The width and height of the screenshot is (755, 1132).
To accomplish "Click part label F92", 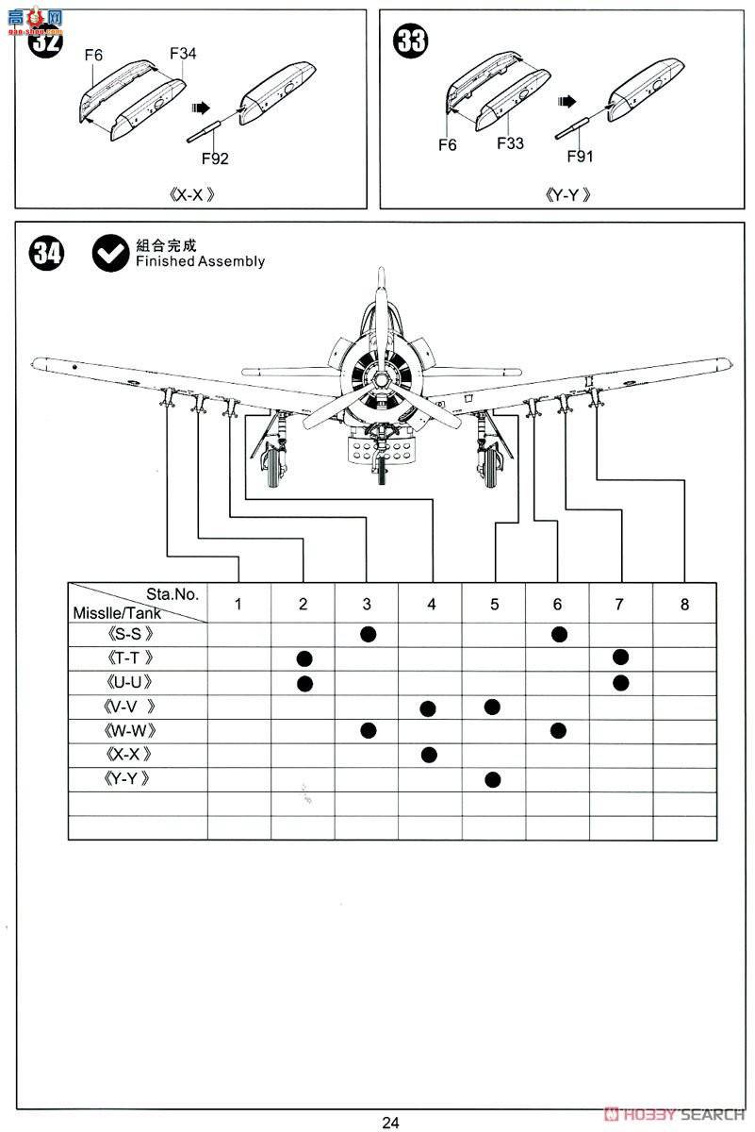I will [x=215, y=158].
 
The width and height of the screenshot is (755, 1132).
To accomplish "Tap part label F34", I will [x=183, y=54].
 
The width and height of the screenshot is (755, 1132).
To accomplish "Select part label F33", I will [x=510, y=143].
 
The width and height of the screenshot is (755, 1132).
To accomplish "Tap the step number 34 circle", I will [x=46, y=254].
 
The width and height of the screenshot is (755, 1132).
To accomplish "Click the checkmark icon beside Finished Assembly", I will [x=111, y=253].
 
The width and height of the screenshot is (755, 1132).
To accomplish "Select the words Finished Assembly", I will [x=200, y=261].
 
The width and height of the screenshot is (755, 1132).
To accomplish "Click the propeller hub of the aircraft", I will [x=379, y=379].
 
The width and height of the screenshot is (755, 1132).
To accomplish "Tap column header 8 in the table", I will [x=684, y=605].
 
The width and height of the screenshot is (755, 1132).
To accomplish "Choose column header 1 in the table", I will [x=238, y=605].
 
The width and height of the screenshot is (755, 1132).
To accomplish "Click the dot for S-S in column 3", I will [x=368, y=634].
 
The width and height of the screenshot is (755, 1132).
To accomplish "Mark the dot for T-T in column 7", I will [x=619, y=658].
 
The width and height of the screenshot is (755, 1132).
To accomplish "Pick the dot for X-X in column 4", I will [x=430, y=754].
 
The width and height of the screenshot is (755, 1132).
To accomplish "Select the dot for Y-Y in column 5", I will [x=492, y=778].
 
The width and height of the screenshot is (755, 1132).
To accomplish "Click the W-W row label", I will [x=129, y=730].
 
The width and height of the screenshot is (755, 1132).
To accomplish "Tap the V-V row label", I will [x=129, y=707].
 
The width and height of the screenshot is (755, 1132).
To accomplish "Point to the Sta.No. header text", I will [x=172, y=594].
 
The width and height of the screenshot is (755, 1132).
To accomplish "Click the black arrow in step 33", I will [x=566, y=101].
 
